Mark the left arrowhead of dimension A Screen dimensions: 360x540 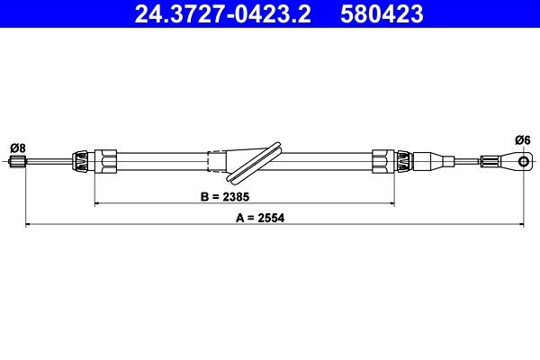pos(25,225)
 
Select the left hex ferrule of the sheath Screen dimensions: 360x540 pos(107,162)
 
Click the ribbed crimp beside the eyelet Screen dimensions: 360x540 pos(491,162)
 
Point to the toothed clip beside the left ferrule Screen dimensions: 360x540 pos(82,162)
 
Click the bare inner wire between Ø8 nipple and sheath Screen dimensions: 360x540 pos(49,163)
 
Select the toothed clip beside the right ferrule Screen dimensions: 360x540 pos(404,162)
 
